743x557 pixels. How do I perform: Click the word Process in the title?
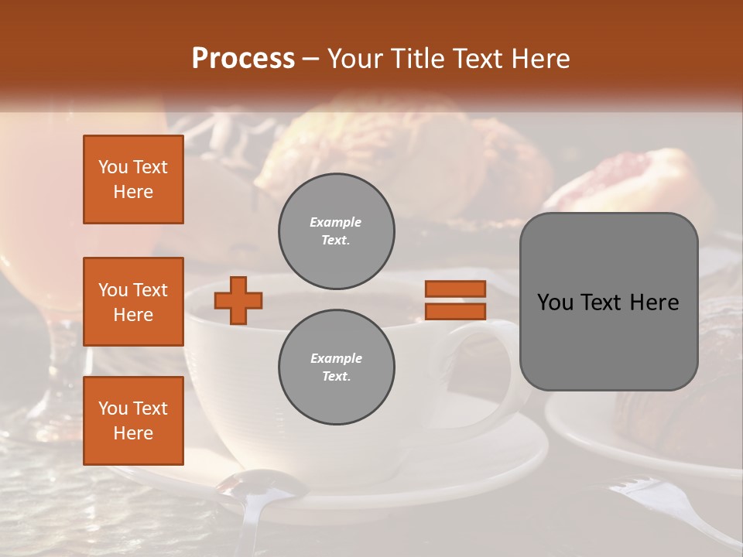tap(243, 59)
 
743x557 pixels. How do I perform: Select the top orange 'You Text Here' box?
tap(133, 179)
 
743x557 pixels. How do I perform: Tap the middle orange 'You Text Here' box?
tap(133, 302)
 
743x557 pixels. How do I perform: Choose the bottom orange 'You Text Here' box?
tap(133, 420)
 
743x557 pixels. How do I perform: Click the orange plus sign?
tap(238, 300)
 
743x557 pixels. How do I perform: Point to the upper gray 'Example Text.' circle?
tap(336, 231)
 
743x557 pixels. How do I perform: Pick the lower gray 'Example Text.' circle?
tap(336, 367)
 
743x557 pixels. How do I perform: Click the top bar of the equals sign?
tap(455, 289)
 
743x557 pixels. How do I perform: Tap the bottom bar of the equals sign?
tap(455, 311)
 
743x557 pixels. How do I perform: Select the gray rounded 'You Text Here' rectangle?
tap(608, 302)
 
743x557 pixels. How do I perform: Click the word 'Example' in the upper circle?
tap(336, 222)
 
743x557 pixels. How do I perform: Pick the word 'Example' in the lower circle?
tap(336, 358)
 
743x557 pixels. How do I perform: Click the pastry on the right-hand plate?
tap(673, 418)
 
